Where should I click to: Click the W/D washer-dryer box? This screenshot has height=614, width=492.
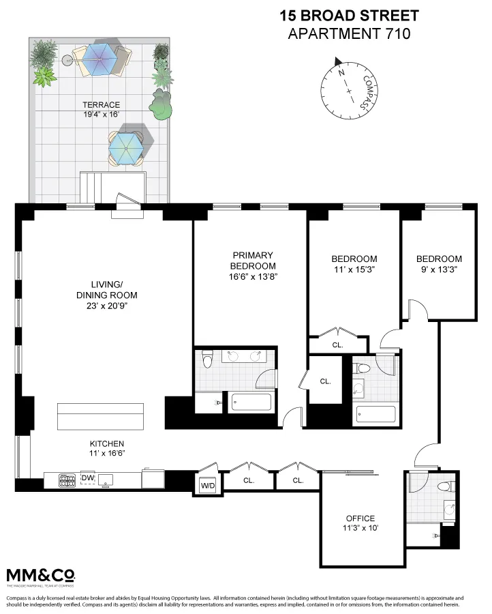click(x=207, y=486)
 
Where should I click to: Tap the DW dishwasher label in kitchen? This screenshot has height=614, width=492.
click(x=87, y=478)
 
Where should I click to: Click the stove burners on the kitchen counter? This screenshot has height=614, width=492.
click(x=67, y=481)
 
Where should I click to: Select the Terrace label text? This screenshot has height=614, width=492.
click(x=101, y=105)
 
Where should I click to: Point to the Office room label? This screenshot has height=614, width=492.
click(x=360, y=518)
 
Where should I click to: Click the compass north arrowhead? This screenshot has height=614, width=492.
click(x=339, y=62)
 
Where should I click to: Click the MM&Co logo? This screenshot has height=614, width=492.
click(x=40, y=575)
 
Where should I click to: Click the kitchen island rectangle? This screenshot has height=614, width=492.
click(x=101, y=415)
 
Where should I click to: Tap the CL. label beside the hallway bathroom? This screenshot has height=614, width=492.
click(x=326, y=381)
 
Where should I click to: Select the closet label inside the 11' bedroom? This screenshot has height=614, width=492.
click(x=337, y=345)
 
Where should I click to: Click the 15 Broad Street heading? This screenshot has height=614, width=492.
click(x=350, y=15)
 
